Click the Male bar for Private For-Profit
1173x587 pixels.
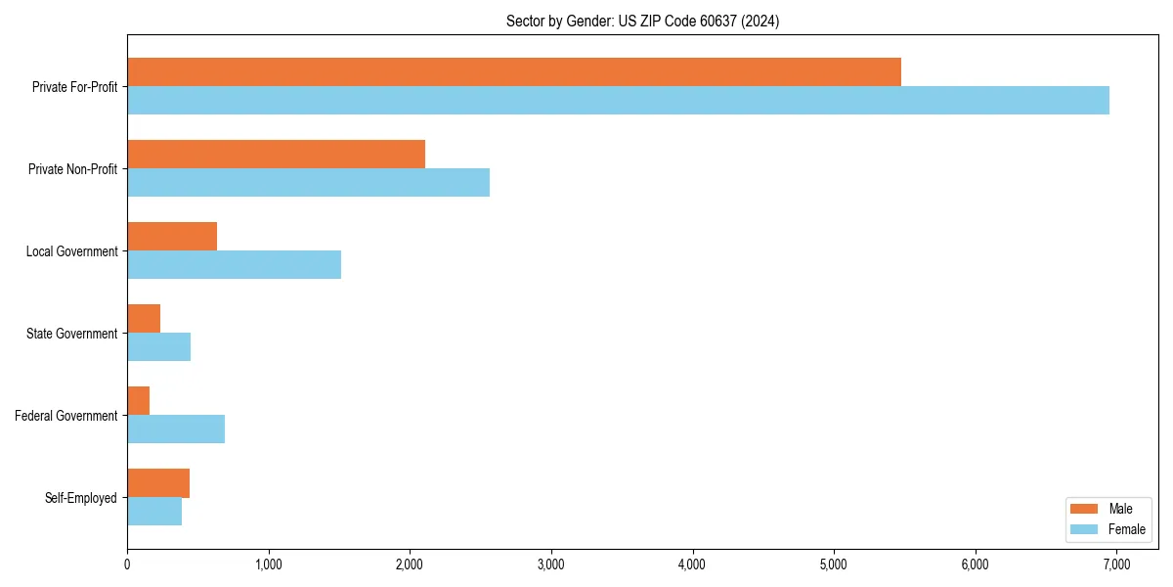[x=514, y=72]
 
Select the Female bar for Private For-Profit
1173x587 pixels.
[x=618, y=101]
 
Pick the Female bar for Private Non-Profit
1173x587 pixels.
[x=308, y=183]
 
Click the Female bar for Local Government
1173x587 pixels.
[x=234, y=265]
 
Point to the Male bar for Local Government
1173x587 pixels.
[x=172, y=237]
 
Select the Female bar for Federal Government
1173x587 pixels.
[x=176, y=429]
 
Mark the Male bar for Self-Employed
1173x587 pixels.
[x=158, y=483]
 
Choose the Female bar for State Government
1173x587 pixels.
[x=158, y=347]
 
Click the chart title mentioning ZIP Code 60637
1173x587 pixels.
[x=642, y=21]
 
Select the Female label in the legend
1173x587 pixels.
[x=1126, y=529]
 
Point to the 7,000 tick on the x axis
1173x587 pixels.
[x=1116, y=564]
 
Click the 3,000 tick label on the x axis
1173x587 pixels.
[x=551, y=564]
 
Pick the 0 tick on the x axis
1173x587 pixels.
[x=127, y=564]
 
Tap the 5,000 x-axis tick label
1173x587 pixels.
[x=834, y=564]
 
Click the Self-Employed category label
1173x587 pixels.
[x=81, y=498]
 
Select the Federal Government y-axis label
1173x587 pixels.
[x=66, y=416]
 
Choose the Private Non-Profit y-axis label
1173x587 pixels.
[x=72, y=169]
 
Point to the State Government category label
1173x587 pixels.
[x=71, y=334]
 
